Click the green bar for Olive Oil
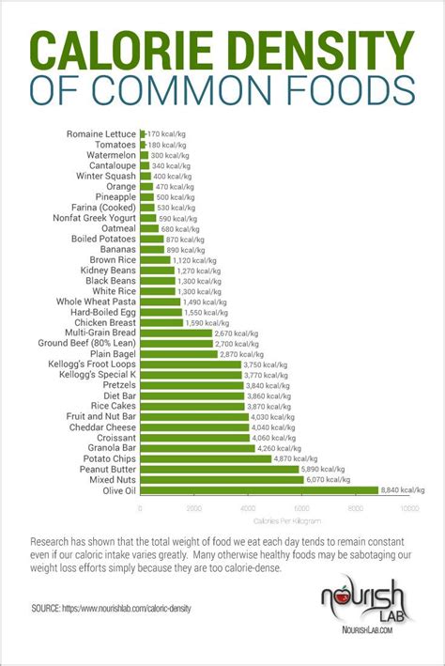258,489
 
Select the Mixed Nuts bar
222,479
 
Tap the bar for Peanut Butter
219,469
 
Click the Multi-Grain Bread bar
176,333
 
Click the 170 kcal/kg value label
166,134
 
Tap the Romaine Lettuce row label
101,134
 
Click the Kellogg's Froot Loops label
93,364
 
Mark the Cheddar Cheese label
103,427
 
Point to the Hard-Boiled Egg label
100,311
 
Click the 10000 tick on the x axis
409,508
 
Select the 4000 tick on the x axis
247,508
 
